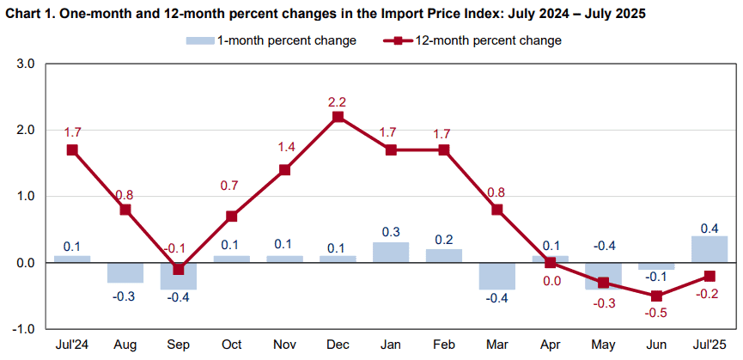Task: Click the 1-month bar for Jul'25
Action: (710, 249)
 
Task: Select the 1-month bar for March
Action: (497, 276)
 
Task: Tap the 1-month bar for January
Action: (391, 253)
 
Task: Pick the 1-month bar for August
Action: (125, 272)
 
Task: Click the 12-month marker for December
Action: (338, 117)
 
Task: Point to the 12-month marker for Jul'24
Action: (72, 149)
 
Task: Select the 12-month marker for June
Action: (656, 296)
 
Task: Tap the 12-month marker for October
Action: (232, 216)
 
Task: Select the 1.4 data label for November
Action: (285, 148)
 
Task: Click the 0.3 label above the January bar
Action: (391, 232)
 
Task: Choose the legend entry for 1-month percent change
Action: (271, 40)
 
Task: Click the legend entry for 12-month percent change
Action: (472, 40)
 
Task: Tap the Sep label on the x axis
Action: (178, 344)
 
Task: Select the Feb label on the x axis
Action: (444, 344)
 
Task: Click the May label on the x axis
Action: (603, 345)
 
